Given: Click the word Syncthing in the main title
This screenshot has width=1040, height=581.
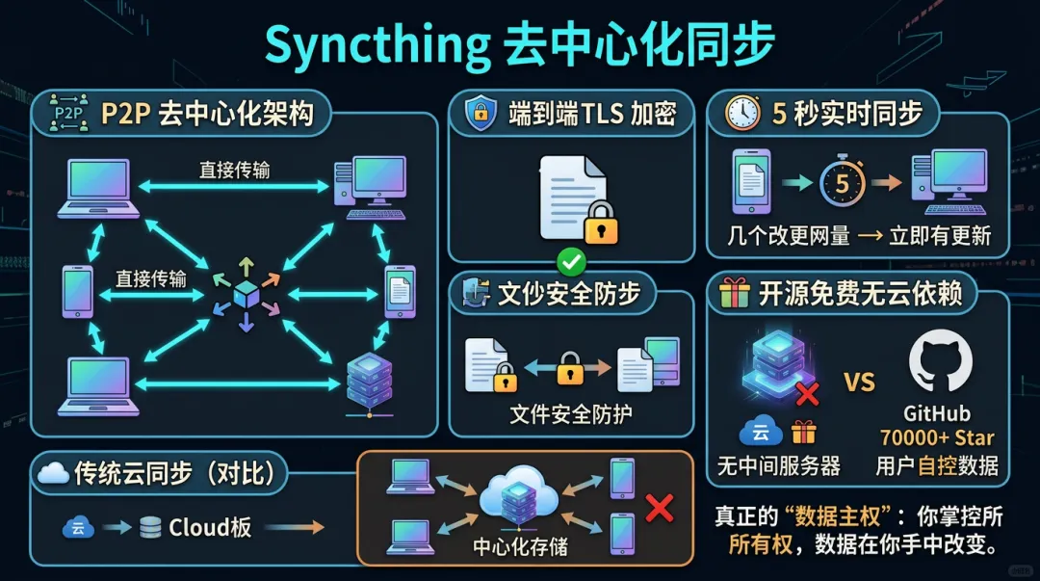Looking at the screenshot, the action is coord(376,43).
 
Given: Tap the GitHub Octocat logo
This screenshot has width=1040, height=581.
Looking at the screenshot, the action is coord(940,361).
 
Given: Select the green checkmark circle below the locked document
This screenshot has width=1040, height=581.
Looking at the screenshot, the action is coord(572,260).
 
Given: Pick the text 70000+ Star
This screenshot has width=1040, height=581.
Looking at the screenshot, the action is coord(937,437).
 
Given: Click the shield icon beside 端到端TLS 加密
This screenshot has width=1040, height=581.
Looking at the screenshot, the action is coord(481,114).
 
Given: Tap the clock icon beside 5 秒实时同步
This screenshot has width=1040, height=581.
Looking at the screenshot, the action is coord(742,114).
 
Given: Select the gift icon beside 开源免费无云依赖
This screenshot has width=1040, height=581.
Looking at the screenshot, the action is coord(734,293).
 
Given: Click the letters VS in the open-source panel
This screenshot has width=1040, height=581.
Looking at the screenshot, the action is coord(859,382).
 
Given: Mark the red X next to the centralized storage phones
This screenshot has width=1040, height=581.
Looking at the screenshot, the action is coord(660,508).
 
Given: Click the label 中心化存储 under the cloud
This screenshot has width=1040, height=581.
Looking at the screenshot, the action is coord(520,547).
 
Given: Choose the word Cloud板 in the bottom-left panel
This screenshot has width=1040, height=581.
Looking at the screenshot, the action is coord(210,527).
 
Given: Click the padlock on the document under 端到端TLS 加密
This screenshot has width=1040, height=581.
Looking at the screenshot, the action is coord(602,224).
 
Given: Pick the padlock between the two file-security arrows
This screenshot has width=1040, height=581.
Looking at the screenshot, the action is coord(571,367).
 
